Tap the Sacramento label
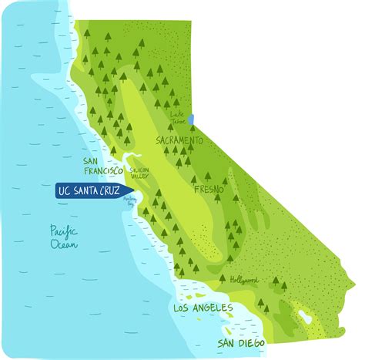click(x=179, y=141)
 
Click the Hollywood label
click(x=244, y=279)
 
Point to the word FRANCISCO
click(x=103, y=170)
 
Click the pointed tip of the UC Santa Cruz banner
click(x=133, y=190)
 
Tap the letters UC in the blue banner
click(x=65, y=190)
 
